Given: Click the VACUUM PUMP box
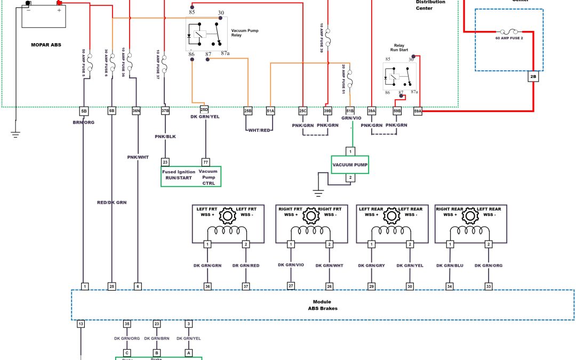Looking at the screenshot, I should [350, 165].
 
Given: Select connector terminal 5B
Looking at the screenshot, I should [84, 111].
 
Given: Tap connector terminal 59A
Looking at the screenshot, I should [418, 111].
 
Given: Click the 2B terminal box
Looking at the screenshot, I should [533, 76].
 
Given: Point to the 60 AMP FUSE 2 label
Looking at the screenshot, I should [509, 38].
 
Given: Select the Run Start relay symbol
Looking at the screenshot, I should [399, 76].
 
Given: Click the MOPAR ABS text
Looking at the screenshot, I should [46, 45].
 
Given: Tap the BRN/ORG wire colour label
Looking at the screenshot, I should [83, 122].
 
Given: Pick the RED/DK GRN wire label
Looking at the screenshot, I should [111, 203].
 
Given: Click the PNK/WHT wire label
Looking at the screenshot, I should [138, 157].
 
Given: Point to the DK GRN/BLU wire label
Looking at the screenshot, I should [450, 265].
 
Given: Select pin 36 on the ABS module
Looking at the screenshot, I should [207, 286].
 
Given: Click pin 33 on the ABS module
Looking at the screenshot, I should [489, 286].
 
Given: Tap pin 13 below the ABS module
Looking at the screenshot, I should [81, 324].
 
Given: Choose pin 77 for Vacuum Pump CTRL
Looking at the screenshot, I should [206, 162].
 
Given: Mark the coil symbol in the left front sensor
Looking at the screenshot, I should [227, 231].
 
